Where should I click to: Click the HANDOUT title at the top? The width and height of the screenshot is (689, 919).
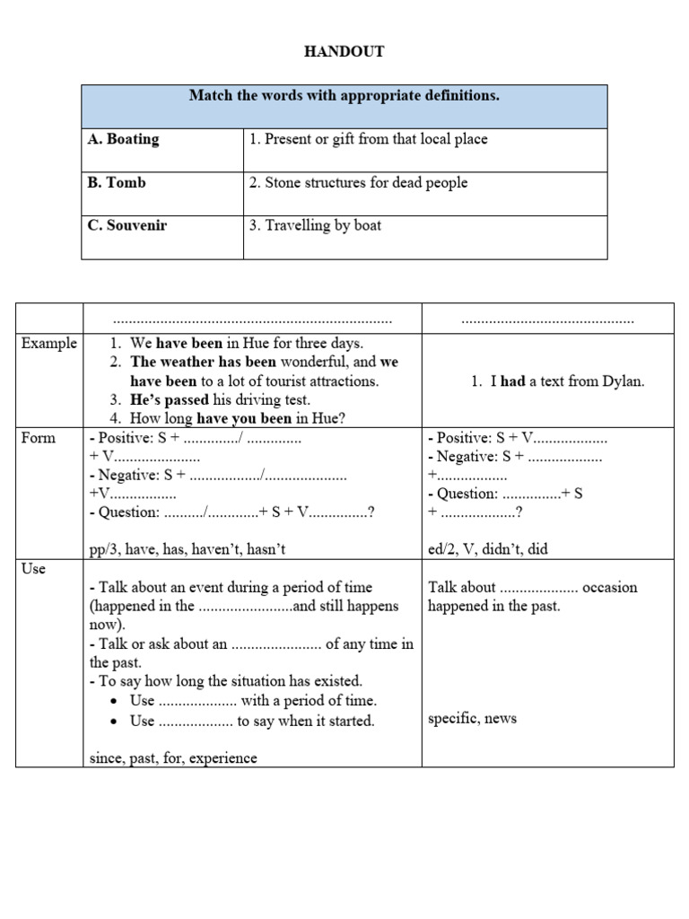coord(344,52)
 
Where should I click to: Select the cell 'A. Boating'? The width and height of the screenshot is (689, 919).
coord(123,139)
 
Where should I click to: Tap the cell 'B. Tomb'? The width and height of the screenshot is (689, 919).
coord(117,182)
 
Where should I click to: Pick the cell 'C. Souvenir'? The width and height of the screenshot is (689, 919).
coord(127,225)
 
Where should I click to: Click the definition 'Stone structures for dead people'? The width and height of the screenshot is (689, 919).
coord(358,182)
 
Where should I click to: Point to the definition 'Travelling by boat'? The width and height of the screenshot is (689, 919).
coord(315,225)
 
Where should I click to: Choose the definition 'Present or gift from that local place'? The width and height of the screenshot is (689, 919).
coord(368,139)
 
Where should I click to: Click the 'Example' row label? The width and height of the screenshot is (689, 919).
coord(49,343)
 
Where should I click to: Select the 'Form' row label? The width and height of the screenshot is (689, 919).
coord(39,438)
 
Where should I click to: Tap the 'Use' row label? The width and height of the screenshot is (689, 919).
coord(33,569)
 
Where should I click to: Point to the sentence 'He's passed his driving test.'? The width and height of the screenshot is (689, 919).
coord(221,399)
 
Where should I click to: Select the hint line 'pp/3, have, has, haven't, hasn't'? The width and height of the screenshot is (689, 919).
coord(188,549)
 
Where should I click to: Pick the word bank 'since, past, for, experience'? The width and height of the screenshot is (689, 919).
coord(173,758)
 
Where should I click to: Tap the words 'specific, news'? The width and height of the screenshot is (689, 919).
coord(472,718)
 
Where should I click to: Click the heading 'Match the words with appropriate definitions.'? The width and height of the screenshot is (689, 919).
coord(344,95)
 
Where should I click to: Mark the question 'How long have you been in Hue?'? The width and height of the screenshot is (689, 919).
coord(238,418)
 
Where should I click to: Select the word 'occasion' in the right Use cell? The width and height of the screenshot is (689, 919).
coord(610,588)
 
